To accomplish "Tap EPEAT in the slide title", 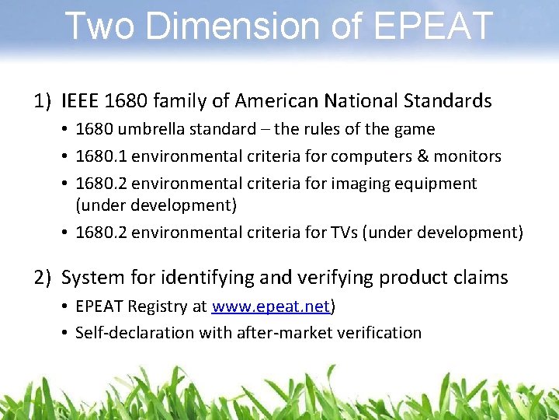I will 433,26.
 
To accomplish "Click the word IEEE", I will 79,101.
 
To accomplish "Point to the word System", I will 92,278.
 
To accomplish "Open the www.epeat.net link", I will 270,306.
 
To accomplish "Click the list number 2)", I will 43,278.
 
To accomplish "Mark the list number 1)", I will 43,101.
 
